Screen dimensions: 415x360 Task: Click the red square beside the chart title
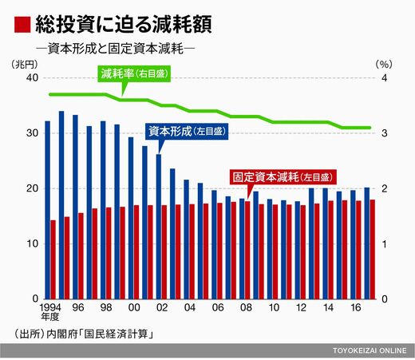coord(22,25)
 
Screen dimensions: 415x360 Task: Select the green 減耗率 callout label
coord(134,73)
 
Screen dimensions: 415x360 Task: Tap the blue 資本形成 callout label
coord(187,132)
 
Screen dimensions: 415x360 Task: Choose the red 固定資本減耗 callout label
coord(283,177)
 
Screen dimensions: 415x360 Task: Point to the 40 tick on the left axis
coord(32,77)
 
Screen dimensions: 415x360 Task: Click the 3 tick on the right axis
coord(384,133)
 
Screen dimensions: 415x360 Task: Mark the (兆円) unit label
coord(25,64)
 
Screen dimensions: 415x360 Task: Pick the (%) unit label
coord(384,64)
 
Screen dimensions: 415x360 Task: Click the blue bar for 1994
coord(47,210)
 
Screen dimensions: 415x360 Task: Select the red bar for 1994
coord(53,259)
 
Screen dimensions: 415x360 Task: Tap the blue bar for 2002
coord(159,227)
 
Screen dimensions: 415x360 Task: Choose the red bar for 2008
coord(247,251)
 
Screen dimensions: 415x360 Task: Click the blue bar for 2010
coord(270,249)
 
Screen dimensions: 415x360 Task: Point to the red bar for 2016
coord(358,250)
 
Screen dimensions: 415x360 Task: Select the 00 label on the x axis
coord(134,307)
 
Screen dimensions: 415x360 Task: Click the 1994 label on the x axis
coord(50,307)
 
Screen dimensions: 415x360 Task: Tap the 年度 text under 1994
coord(50,317)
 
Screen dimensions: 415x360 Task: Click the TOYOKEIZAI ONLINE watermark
coord(370,350)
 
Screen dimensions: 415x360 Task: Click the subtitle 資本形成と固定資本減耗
coord(116,49)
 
